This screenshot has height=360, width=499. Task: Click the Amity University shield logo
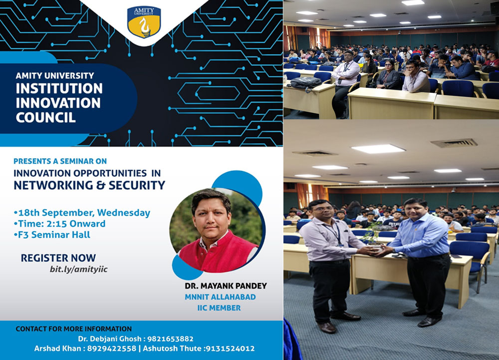(144, 22)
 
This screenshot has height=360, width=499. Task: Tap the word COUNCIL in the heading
(46, 117)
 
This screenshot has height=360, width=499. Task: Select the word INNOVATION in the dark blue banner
(58, 103)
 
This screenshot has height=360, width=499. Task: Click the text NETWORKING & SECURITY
(89, 185)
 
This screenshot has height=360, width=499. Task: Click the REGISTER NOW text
(58, 258)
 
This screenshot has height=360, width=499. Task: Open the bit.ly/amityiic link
(79, 269)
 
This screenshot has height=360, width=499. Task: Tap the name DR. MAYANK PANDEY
(226, 286)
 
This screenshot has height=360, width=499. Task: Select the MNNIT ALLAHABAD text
(220, 297)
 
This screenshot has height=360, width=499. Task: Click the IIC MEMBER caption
(219, 308)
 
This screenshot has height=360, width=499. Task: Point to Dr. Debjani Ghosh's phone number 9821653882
(170, 339)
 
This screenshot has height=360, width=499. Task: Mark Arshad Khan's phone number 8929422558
(111, 349)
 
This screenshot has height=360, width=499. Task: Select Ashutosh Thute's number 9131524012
(230, 349)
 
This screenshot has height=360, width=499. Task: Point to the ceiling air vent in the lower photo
(454, 143)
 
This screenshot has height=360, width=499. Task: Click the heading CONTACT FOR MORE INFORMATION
(74, 329)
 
